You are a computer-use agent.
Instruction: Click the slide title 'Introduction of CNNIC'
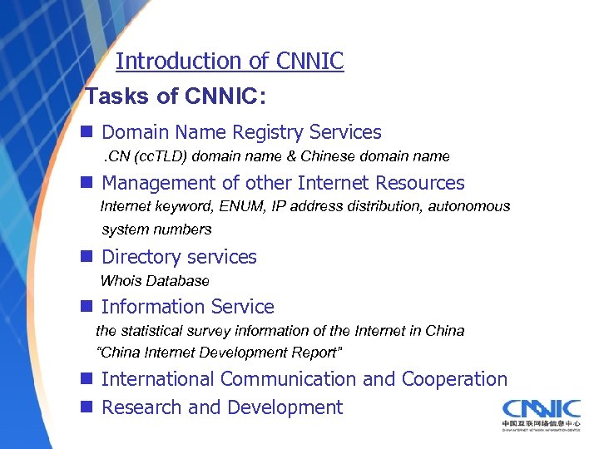[230, 62]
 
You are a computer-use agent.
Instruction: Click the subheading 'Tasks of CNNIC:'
[176, 96]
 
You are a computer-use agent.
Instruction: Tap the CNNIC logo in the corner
[541, 413]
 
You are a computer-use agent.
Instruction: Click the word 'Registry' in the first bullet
[270, 132]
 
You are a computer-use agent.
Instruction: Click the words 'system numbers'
[156, 229]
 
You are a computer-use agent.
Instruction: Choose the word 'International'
[158, 379]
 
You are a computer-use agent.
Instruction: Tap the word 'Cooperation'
[454, 379]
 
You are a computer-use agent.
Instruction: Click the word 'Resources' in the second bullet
[420, 183]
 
